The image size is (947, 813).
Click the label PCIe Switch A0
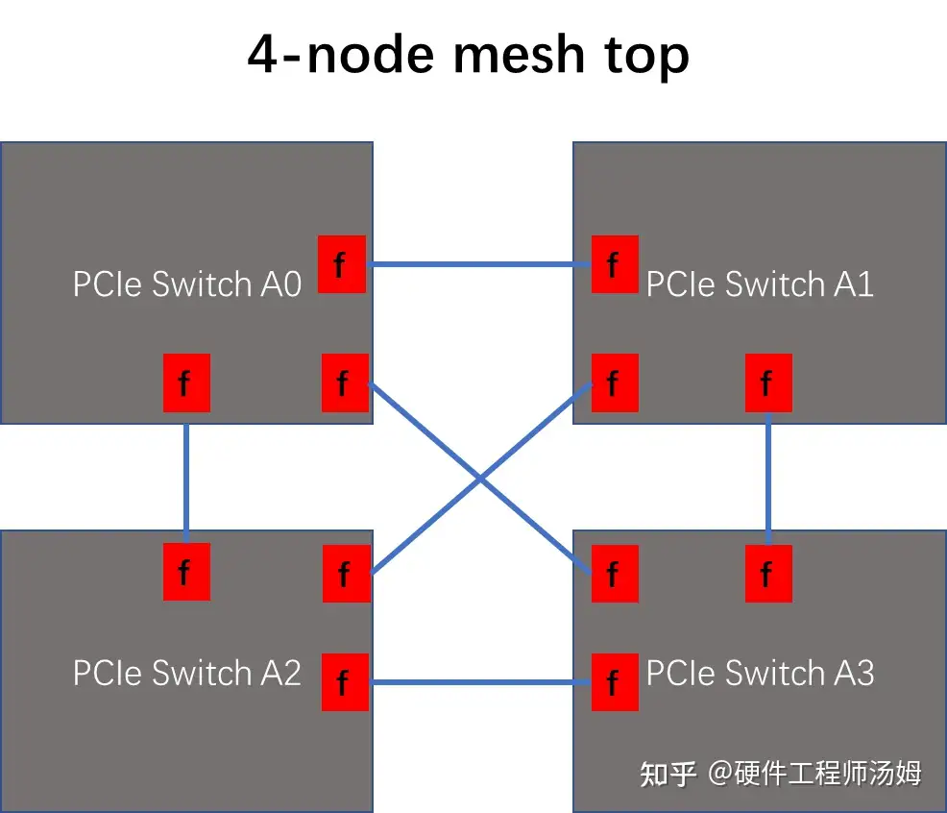187,284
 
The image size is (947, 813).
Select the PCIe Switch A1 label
760,284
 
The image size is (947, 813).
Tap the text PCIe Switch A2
187,673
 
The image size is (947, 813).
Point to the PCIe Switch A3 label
760,673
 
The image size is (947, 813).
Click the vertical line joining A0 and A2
186,477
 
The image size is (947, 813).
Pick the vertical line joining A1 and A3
768,477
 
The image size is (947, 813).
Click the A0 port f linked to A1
341,264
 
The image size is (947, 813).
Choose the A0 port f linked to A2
186,383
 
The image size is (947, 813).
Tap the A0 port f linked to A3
345,383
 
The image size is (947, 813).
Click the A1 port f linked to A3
768,383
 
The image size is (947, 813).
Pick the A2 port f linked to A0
186,572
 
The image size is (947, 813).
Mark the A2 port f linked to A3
345,682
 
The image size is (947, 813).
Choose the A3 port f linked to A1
768,574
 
